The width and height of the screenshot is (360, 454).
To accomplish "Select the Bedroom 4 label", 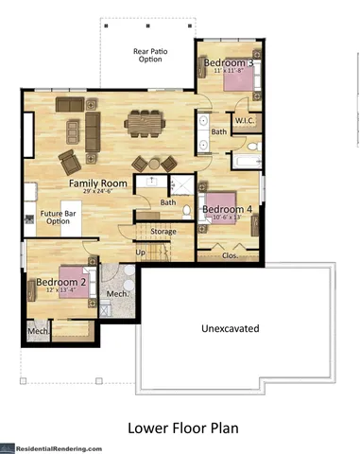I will coord(227,208).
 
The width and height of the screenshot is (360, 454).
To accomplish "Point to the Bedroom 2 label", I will coord(61,281).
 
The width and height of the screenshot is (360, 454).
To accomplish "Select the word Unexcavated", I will coord(231,329).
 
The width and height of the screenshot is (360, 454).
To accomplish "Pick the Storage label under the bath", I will coord(163,231).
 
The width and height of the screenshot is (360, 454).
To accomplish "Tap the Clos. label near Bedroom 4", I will coord(229,254).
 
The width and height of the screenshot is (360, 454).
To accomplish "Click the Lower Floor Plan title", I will coord(183,428).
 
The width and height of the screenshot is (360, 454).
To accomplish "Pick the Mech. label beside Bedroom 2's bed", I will coord(117,293).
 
